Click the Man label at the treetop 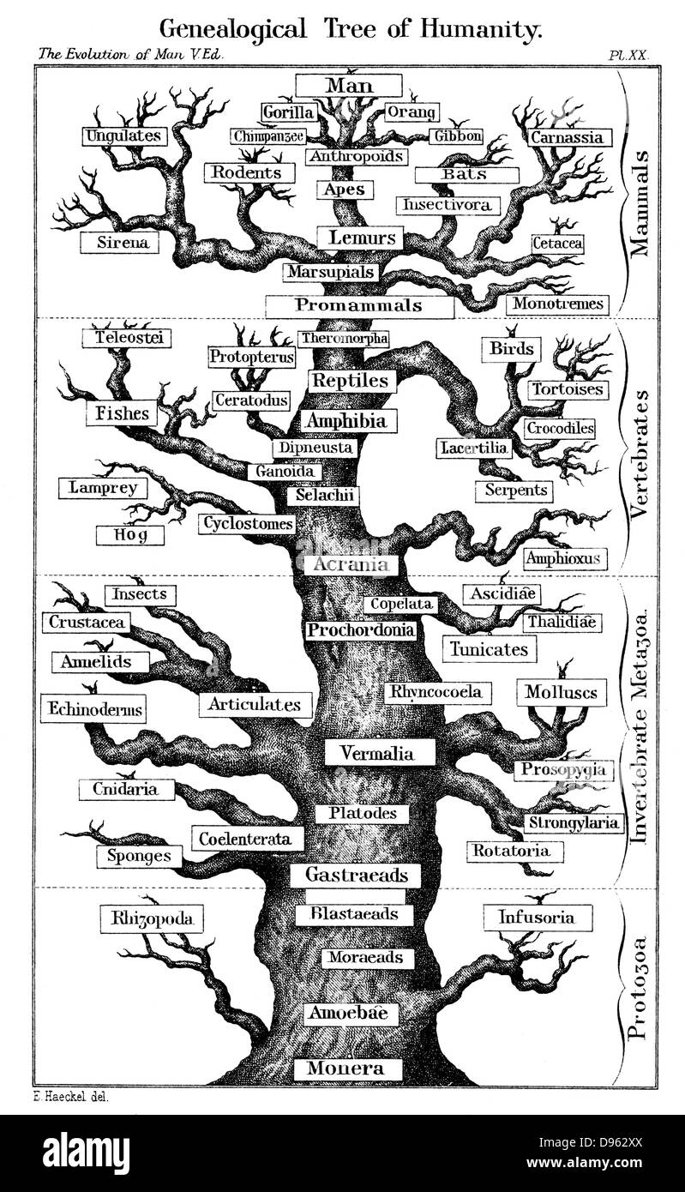click(x=348, y=85)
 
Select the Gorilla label click(x=289, y=112)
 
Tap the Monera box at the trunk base click(x=348, y=1069)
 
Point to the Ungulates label click(x=124, y=135)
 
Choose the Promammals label click(x=358, y=305)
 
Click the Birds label click(x=512, y=349)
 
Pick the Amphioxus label click(x=563, y=557)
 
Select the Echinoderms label click(x=93, y=709)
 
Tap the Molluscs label click(x=562, y=692)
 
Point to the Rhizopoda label click(x=152, y=920)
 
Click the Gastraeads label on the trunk click(x=355, y=876)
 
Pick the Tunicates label click(x=489, y=649)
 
